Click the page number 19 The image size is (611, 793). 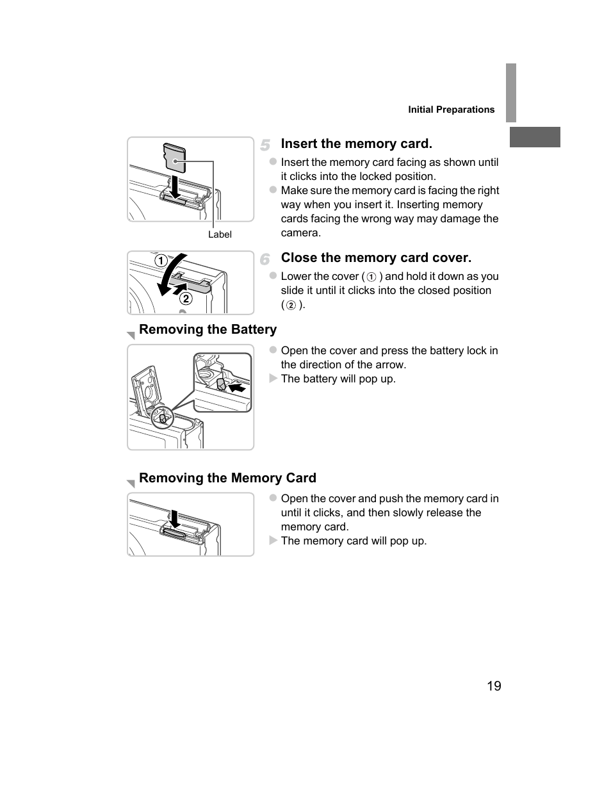point(493,686)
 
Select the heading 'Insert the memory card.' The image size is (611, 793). point(356,143)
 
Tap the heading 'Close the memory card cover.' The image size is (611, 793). point(376,258)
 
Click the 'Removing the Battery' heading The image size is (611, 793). point(208,329)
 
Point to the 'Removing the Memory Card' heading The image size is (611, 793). point(227,478)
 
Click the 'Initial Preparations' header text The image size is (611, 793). point(451,110)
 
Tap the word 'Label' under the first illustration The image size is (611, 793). point(220,234)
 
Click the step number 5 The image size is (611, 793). point(265,145)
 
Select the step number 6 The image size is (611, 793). point(265,259)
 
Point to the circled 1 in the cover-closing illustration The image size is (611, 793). point(160,261)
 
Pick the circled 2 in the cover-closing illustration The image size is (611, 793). point(186,298)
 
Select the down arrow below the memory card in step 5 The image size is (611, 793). point(173,186)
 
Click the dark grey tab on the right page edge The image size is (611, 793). point(535,137)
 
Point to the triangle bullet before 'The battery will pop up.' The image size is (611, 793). point(273,379)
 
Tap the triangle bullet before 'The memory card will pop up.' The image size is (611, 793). point(273,541)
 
